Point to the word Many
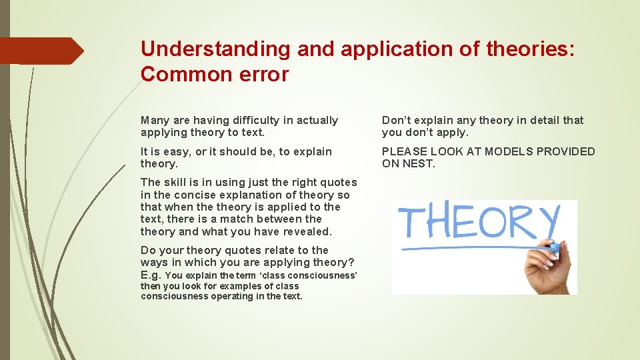(x=155, y=121)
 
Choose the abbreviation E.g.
(x=151, y=275)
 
